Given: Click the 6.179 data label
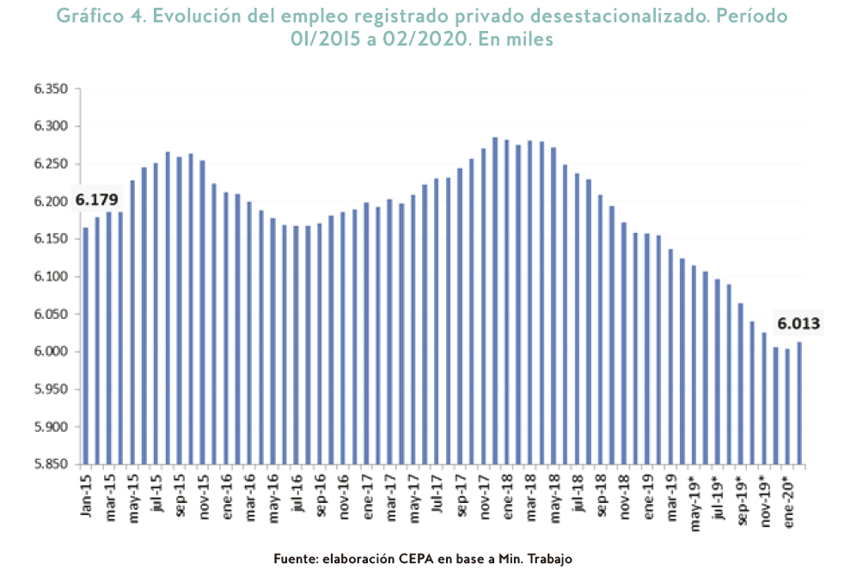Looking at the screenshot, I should point(96,200).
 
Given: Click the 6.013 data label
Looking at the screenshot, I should point(799,324).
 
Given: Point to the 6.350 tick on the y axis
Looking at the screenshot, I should point(50,89).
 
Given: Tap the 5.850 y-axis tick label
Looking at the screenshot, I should point(50,464).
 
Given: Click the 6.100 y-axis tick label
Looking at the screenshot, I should point(50,277).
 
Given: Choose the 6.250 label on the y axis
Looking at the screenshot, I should point(50,164).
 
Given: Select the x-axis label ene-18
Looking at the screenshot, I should point(507,494).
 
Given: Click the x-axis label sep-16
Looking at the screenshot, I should point(320,495).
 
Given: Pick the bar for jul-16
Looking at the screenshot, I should point(297,345).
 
